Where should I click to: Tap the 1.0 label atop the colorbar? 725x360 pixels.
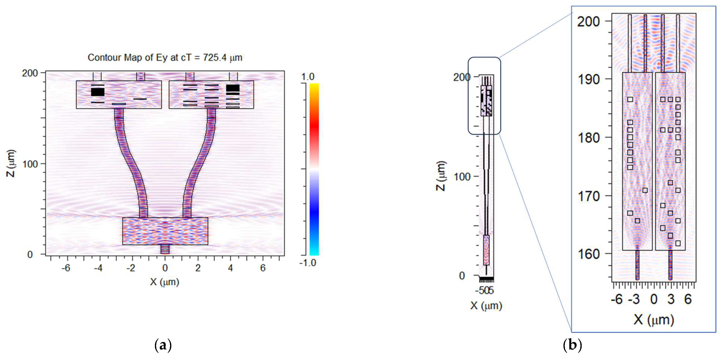click(x=308, y=77)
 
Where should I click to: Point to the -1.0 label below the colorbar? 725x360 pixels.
click(x=307, y=263)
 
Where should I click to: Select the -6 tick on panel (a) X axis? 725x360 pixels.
click(x=66, y=268)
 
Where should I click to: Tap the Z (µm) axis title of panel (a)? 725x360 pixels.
click(x=11, y=163)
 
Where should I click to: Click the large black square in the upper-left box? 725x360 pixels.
click(x=98, y=92)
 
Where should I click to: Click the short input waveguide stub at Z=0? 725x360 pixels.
click(x=165, y=249)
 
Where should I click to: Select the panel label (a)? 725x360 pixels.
click(x=163, y=345)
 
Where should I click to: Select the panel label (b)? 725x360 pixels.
click(x=572, y=345)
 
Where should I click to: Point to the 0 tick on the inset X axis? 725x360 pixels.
click(x=654, y=299)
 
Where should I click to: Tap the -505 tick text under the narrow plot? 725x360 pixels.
click(x=484, y=290)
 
